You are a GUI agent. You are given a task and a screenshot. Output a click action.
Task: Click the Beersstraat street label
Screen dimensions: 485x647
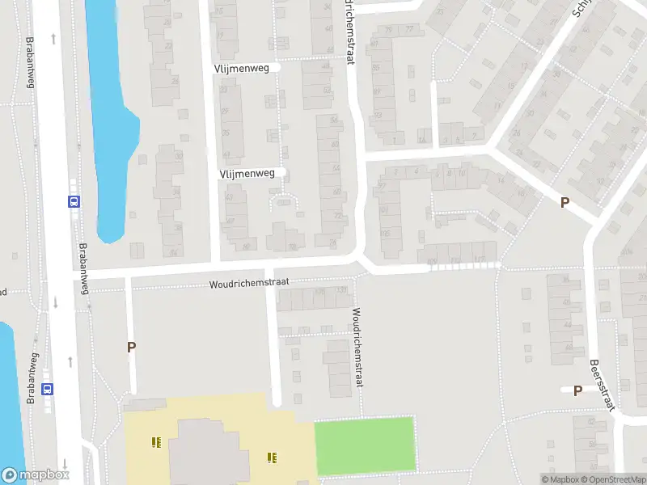[602, 385]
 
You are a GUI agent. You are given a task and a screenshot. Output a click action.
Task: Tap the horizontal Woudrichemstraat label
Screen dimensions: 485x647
[250, 284]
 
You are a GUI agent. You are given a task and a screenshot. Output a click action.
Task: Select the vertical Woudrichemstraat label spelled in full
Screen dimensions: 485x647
[356, 349]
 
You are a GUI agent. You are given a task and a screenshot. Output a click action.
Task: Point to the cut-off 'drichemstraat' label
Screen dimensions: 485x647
[349, 32]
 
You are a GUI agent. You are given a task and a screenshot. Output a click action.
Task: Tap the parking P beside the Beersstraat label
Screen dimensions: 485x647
[577, 391]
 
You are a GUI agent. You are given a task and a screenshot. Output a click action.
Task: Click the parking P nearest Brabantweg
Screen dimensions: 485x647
[131, 347]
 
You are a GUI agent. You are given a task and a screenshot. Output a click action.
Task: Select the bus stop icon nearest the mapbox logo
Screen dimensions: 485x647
[49, 388]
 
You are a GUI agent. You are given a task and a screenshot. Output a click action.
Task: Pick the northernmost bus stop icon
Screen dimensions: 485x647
[74, 202]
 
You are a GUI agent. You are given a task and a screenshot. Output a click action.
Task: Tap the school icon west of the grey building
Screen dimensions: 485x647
[156, 442]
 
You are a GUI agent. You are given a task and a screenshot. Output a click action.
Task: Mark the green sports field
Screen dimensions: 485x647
[364, 445]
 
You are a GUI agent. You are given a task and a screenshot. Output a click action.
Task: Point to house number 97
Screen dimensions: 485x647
[383, 186]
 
